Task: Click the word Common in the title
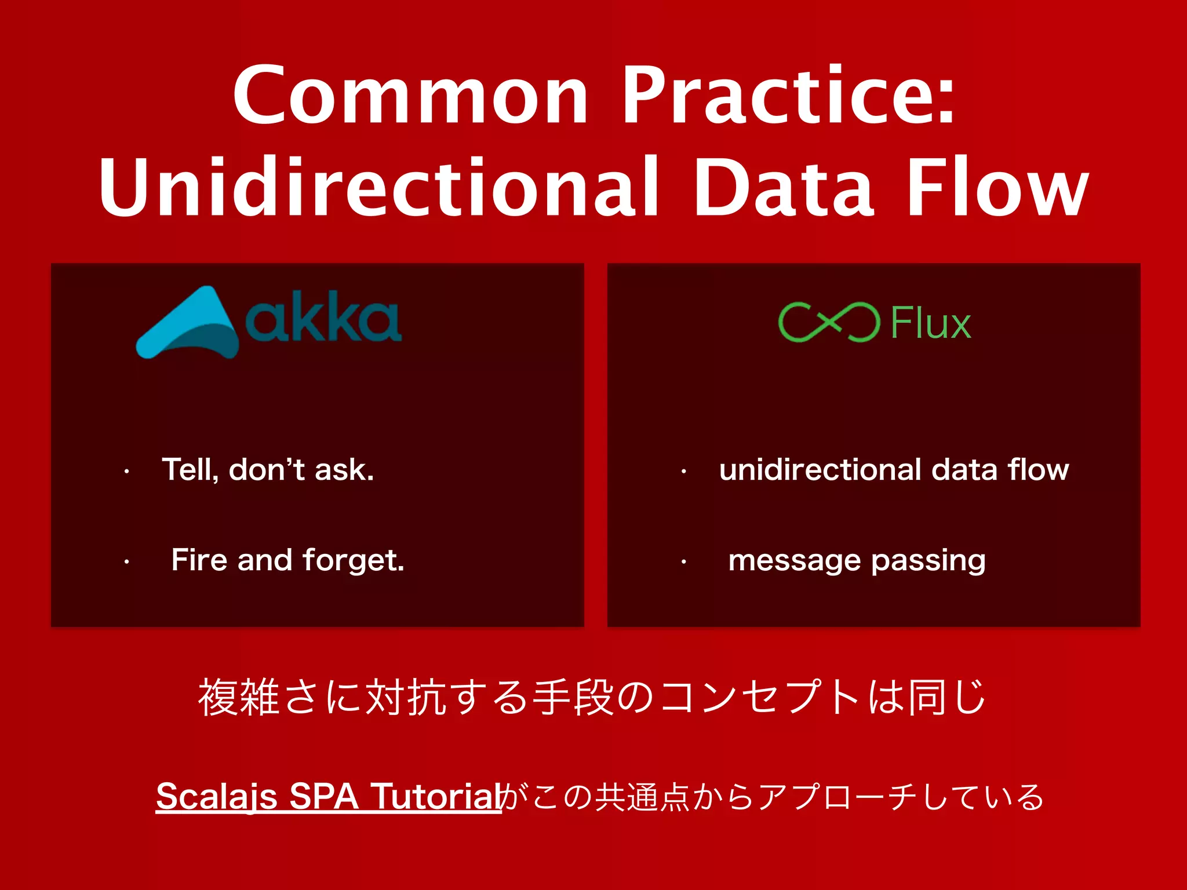pos(410,96)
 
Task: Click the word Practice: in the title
pos(788,96)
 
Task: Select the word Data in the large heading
pos(784,188)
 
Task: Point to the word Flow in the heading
pos(997,188)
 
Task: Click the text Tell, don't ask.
pos(268,469)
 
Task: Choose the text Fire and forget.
pos(287,560)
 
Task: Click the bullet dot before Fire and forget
pos(126,561)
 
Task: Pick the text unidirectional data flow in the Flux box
pos(894,469)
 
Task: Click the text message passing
pos(857,560)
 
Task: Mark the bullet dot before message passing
pos(684,561)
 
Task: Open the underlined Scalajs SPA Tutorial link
pos(328,797)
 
